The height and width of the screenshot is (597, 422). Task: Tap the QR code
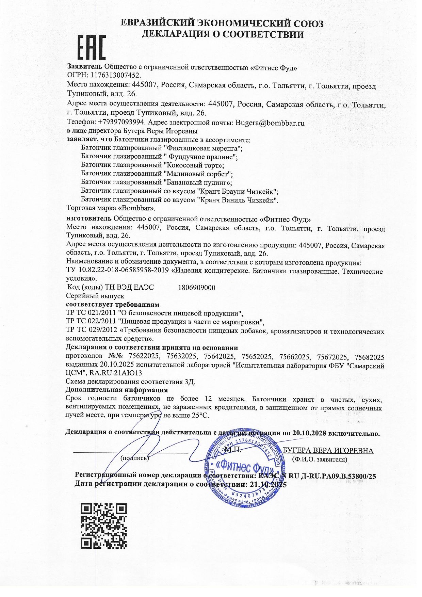coord(104,526)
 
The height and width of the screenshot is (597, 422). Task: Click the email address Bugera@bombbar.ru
coord(270,123)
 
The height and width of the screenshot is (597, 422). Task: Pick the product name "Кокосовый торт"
coord(193,165)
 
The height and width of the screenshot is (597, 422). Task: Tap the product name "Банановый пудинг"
coord(197,182)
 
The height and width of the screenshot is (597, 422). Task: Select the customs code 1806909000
coord(197,288)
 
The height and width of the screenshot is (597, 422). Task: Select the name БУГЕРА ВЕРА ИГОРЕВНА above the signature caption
coord(328,451)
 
